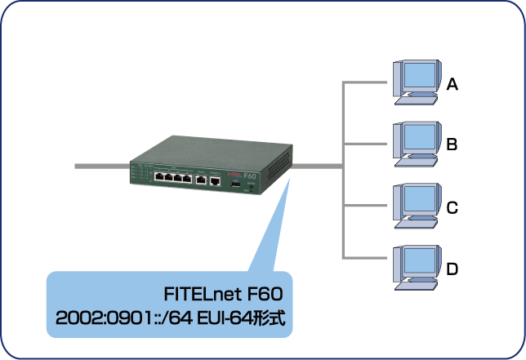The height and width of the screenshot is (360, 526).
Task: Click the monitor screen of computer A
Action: click(417, 76)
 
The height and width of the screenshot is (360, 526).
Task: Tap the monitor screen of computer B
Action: click(417, 137)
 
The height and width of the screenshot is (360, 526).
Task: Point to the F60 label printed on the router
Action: click(251, 174)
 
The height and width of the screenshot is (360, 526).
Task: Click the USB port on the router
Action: click(234, 186)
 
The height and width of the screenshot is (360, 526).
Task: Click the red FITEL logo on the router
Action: click(231, 173)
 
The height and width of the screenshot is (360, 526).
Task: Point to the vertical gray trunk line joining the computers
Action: click(343, 171)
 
